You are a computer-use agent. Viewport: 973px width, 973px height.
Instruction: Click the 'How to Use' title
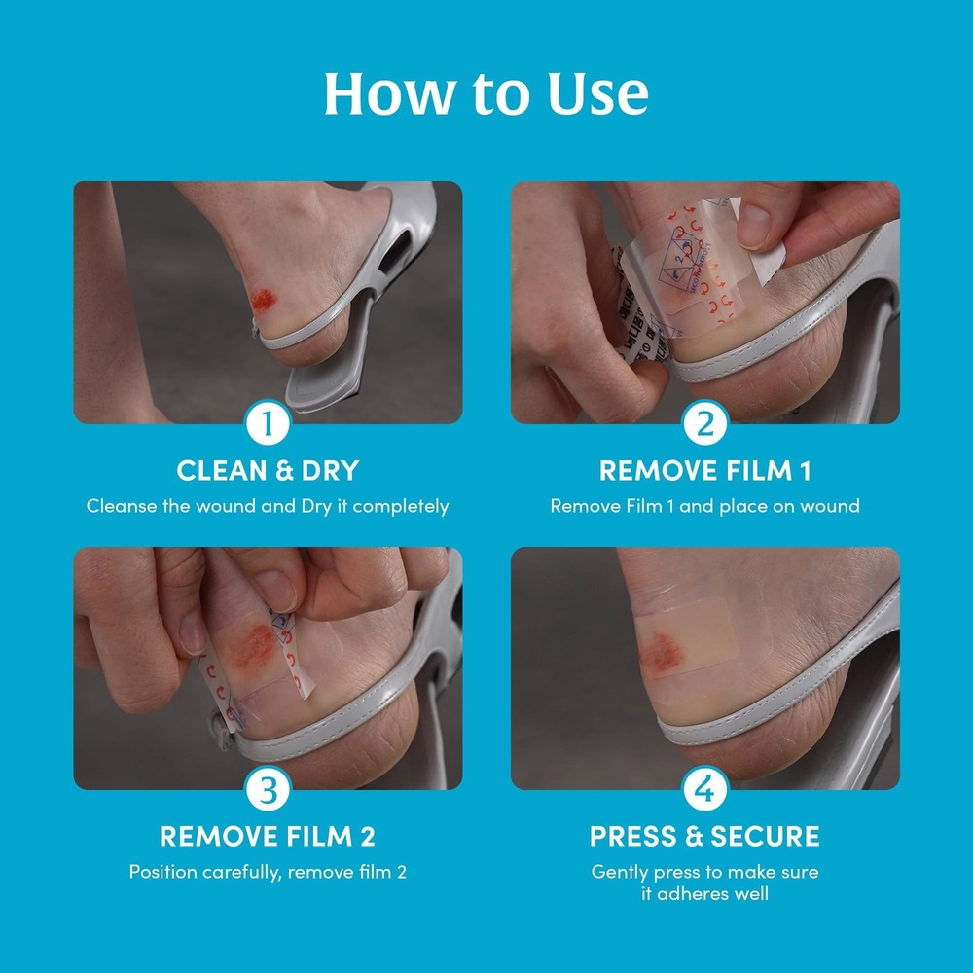486,94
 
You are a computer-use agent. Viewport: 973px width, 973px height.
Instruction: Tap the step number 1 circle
268,424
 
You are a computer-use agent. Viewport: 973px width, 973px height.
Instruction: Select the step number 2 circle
704,424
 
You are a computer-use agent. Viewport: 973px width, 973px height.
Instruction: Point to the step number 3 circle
268,790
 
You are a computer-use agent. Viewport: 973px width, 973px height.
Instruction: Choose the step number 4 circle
704,790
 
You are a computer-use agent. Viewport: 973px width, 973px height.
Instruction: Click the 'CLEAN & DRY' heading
268,471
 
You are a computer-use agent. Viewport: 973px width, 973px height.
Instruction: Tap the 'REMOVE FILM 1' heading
704,471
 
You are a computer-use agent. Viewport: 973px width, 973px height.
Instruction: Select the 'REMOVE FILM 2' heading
268,836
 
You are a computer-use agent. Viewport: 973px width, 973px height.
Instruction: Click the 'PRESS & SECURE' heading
704,836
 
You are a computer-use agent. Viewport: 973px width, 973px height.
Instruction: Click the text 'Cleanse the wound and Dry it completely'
268,506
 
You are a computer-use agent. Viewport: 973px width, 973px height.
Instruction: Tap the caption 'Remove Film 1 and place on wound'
704,506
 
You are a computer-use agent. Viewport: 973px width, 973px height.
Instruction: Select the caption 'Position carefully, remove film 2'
268,872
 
